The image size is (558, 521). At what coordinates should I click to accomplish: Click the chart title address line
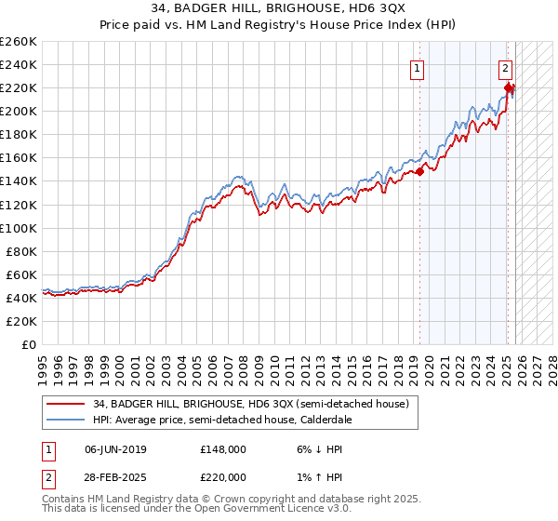[x=278, y=10]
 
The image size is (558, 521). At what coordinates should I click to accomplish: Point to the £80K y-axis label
[x=20, y=251]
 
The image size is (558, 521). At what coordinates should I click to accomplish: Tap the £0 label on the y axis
[x=30, y=344]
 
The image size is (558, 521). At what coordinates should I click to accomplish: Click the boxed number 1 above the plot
[x=417, y=68]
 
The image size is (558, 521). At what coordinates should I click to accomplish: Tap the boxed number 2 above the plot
[x=504, y=67]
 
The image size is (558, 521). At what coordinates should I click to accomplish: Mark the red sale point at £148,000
[x=419, y=171]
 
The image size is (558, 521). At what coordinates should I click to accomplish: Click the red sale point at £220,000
[x=509, y=88]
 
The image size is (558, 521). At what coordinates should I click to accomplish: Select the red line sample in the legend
[x=65, y=404]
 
